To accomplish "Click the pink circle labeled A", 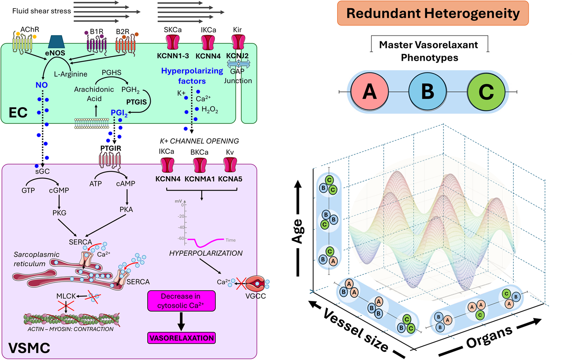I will [x=369, y=91].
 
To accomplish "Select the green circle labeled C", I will [x=486, y=91].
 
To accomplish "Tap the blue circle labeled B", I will [x=427, y=91].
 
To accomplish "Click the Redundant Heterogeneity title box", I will [x=433, y=13].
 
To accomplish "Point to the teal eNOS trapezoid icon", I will [x=56, y=42].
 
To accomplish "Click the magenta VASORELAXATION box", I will [x=181, y=338].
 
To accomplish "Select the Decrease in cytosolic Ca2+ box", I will [x=181, y=301].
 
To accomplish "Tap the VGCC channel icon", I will [x=256, y=284].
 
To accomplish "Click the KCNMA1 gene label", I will [x=199, y=179].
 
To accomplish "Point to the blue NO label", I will [x=41, y=85].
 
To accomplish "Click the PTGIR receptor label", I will [x=111, y=148].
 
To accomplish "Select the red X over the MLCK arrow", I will [x=66, y=306].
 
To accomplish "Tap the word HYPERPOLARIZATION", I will [x=206, y=253].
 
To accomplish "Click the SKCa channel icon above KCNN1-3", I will [x=173, y=42].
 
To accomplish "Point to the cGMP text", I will [x=59, y=190].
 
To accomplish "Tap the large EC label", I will [x=18, y=113].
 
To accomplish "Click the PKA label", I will [x=126, y=209].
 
